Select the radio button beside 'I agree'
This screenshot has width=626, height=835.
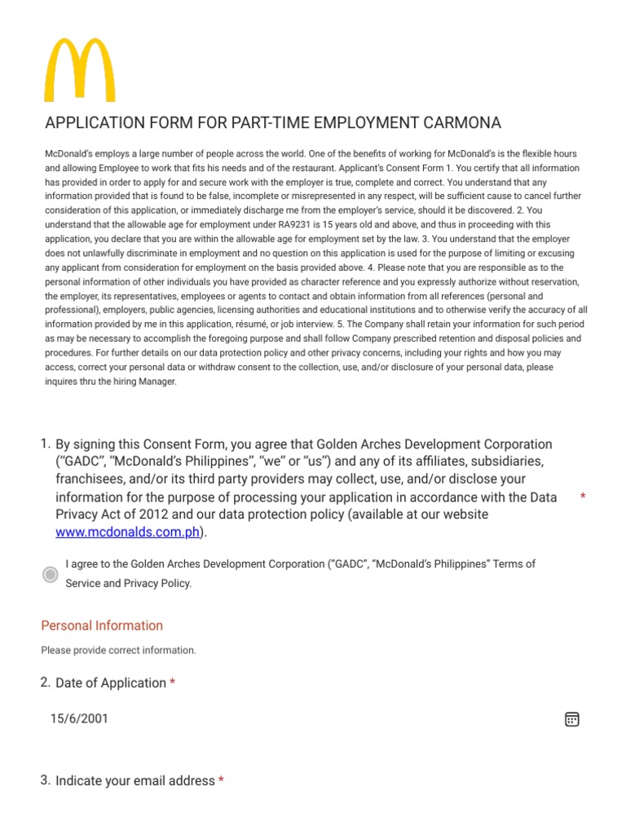[x=51, y=574]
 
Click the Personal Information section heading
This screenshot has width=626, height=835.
[x=102, y=625]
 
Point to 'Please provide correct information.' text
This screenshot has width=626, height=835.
[x=119, y=651]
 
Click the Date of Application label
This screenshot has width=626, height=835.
[x=111, y=683]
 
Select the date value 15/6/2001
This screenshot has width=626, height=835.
[x=78, y=718]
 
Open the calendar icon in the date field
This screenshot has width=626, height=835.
[x=572, y=719]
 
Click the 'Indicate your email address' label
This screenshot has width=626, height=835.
[x=135, y=780]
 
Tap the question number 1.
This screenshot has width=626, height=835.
[x=45, y=444]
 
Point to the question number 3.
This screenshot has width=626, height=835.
[x=45, y=780]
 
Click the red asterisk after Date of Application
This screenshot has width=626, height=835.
[x=172, y=683]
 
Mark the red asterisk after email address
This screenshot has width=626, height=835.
[x=221, y=781]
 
